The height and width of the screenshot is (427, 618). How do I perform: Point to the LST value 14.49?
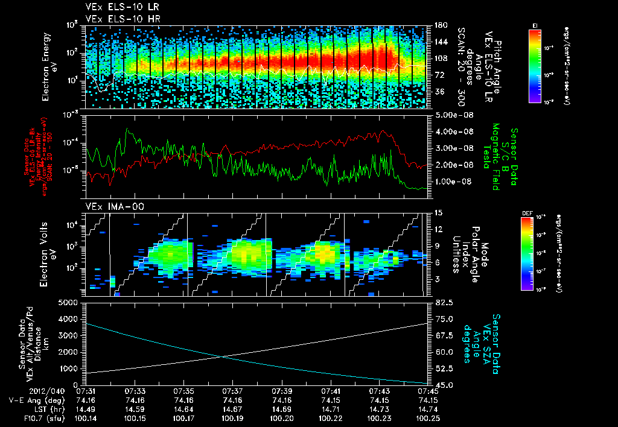point(86,408)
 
